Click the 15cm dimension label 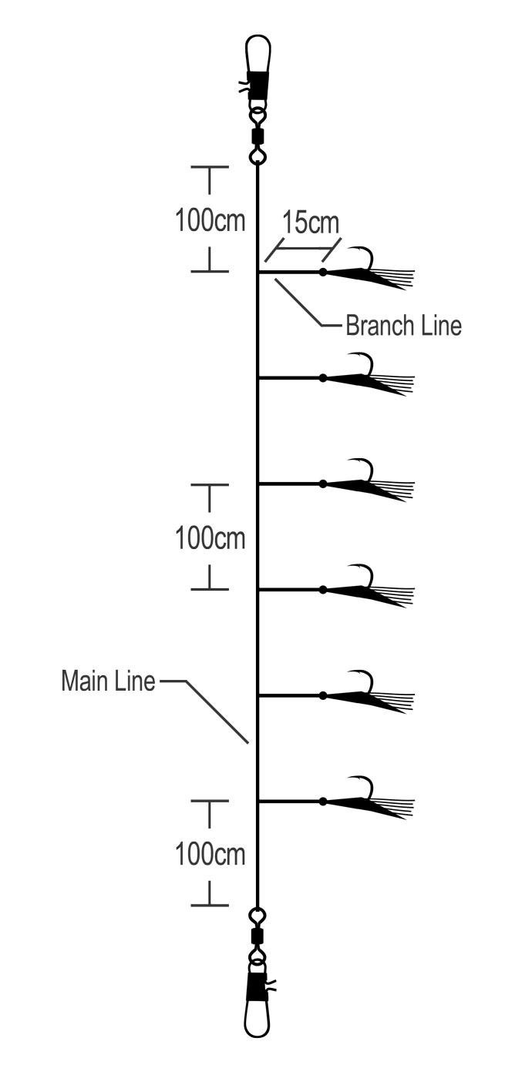(310, 223)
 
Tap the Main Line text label (108, 681)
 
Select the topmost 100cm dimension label (210, 220)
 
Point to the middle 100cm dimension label (210, 537)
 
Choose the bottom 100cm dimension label (210, 854)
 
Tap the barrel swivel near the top (257, 136)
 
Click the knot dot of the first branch (323, 273)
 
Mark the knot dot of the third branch (323, 484)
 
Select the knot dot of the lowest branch (323, 802)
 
